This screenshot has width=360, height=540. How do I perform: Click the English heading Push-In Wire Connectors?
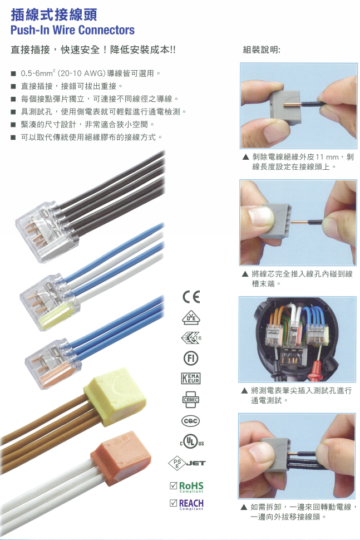pyautogui.click(x=72, y=30)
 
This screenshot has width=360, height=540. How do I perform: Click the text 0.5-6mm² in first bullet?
pyautogui.click(x=37, y=73)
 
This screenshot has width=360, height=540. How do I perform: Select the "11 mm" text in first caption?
pyautogui.click(x=323, y=158)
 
